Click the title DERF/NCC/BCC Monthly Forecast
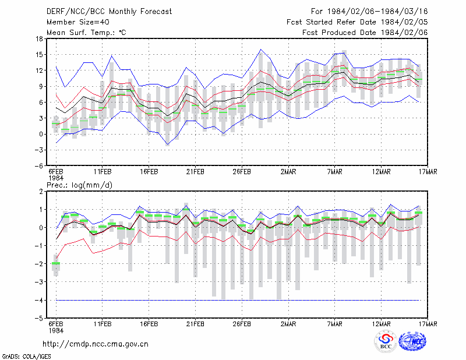pyautogui.click(x=109, y=12)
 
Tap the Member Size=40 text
pyautogui.click(x=78, y=22)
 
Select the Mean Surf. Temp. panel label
pyautogui.click(x=86, y=33)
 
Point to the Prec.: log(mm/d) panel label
pyautogui.click(x=79, y=185)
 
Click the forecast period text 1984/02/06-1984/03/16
pyautogui.click(x=377, y=12)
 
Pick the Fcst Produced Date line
pyautogui.click(x=365, y=33)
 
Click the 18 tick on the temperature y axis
pyautogui.click(x=39, y=38)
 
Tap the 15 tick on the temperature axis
pyautogui.click(x=39, y=55)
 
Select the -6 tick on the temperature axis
pyautogui.click(x=38, y=166)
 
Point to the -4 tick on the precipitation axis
pyautogui.click(x=38, y=300)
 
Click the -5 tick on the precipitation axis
pyautogui.click(x=38, y=319)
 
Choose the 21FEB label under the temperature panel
pyautogui.click(x=195, y=172)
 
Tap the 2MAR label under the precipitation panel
pyautogui.click(x=288, y=324)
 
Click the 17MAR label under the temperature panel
pyautogui.click(x=428, y=172)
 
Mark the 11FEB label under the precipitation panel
pyautogui.click(x=103, y=324)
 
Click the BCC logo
pyautogui.click(x=386, y=342)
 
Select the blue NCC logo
pyautogui.click(x=412, y=341)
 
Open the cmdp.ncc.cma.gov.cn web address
pyautogui.click(x=96, y=344)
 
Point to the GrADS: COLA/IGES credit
pyautogui.click(x=26, y=357)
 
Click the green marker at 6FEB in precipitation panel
pyautogui.click(x=56, y=263)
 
